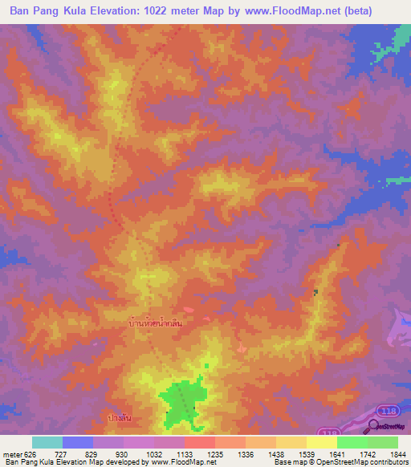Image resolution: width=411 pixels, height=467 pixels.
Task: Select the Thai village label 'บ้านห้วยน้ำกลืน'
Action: (x=160, y=322)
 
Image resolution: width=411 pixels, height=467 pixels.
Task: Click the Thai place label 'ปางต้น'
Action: (x=119, y=418)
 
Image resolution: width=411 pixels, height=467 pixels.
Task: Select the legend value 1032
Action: (x=153, y=454)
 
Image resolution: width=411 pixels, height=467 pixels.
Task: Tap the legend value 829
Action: (x=92, y=454)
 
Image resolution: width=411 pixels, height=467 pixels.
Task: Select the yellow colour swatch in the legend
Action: (x=322, y=442)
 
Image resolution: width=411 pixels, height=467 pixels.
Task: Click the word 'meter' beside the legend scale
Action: (x=10, y=454)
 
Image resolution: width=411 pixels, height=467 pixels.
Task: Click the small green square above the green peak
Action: (x=205, y=366)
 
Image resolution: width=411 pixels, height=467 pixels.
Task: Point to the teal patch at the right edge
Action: (x=398, y=178)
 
